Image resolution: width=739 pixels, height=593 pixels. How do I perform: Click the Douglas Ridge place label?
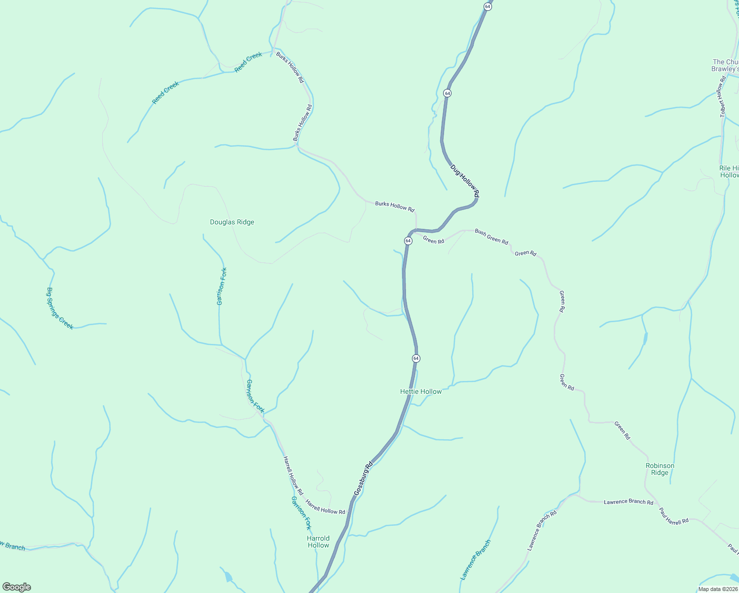click(x=232, y=222)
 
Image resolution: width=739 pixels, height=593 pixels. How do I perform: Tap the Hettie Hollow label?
click(x=421, y=391)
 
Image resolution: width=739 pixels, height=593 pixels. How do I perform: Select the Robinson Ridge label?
click(x=659, y=469)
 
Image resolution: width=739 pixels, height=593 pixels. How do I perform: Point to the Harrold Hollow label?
click(x=318, y=542)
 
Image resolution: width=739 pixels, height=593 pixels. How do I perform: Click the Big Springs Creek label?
click(x=60, y=308)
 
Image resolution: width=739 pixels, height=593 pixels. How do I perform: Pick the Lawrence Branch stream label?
click(x=476, y=559)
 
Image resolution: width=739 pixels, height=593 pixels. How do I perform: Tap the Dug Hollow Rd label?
click(x=465, y=182)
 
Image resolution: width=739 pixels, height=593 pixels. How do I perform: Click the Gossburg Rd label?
click(x=363, y=479)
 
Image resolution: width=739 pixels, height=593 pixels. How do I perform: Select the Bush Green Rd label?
click(x=491, y=237)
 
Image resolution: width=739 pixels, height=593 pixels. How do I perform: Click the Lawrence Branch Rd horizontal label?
click(x=628, y=502)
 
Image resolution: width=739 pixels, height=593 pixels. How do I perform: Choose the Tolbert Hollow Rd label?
click(x=723, y=96)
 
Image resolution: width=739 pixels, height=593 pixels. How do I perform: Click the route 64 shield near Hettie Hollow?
click(x=416, y=358)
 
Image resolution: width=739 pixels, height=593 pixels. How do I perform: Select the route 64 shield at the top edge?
click(x=488, y=6)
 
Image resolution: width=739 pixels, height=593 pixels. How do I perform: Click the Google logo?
click(x=17, y=587)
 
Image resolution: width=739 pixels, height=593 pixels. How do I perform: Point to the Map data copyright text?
click(x=717, y=589)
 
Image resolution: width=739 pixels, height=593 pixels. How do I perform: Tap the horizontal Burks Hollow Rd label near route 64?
click(x=394, y=206)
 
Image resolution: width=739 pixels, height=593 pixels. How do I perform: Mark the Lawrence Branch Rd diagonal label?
click(x=541, y=531)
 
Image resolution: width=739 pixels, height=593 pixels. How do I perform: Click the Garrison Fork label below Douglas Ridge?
click(x=222, y=286)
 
